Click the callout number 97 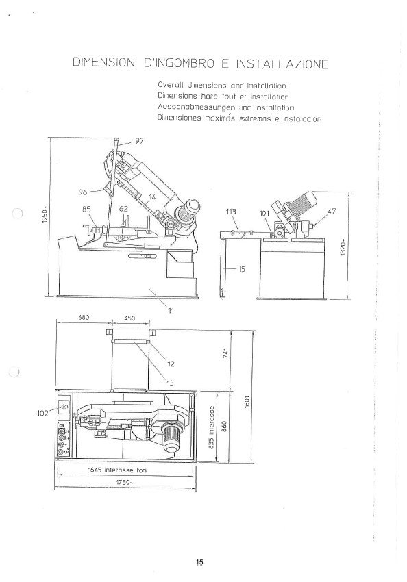(x=139, y=141)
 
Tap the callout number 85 (x=86, y=210)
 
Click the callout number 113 (x=233, y=212)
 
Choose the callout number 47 (x=332, y=212)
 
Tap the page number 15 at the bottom (x=199, y=563)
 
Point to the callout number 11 (x=171, y=311)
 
